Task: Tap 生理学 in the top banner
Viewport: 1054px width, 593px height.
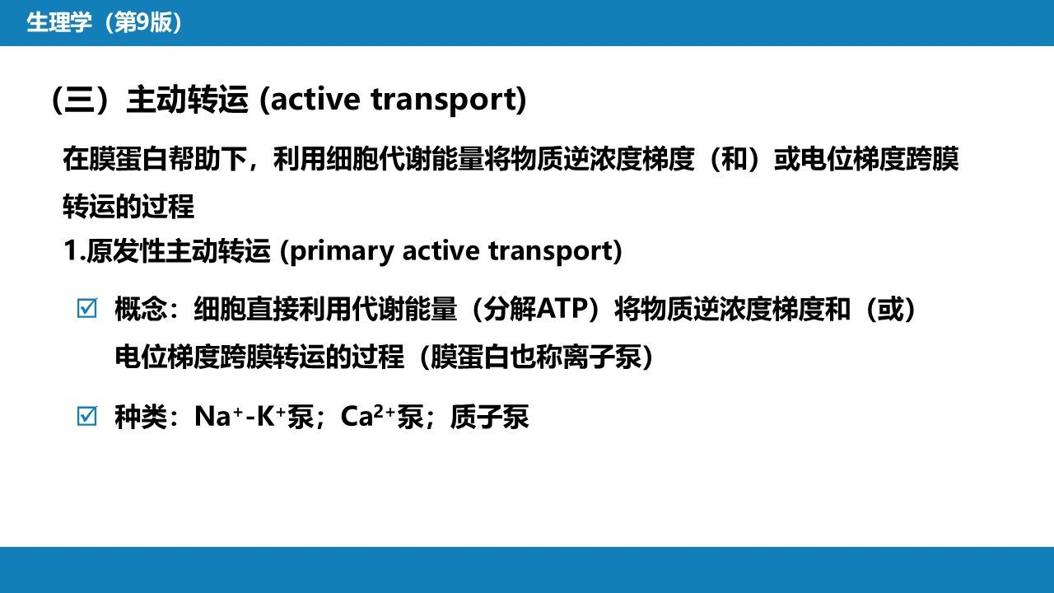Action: [58, 22]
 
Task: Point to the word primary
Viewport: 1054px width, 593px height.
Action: [342, 251]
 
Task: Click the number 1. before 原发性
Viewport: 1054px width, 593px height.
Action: [74, 250]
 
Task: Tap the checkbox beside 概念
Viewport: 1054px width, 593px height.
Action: [87, 309]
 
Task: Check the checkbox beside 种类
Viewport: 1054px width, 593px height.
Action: [87, 416]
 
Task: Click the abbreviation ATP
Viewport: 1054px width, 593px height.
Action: [562, 309]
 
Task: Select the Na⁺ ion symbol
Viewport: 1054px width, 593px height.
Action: [219, 417]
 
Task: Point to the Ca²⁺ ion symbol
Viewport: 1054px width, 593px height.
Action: [368, 417]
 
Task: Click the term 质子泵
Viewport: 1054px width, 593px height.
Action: [489, 417]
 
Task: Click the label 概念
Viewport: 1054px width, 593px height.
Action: [141, 309]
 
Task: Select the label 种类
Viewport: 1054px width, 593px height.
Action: [141, 417]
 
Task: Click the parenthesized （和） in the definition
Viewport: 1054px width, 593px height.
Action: [734, 159]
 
